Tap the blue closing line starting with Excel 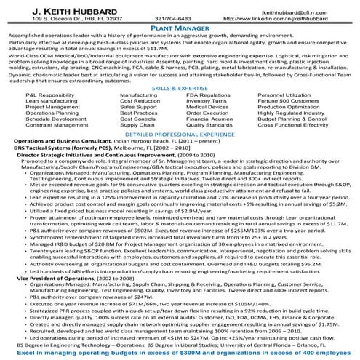tap(180, 352)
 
